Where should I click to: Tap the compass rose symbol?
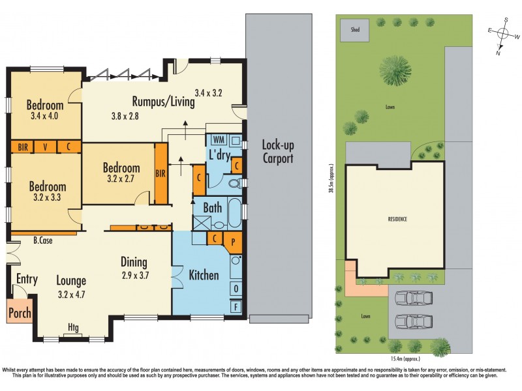point(502,35)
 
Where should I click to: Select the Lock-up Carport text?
point(277,151)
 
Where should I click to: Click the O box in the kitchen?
point(235,288)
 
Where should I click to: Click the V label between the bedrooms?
point(46,147)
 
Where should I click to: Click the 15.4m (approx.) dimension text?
point(406,358)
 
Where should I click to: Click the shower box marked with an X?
point(200,222)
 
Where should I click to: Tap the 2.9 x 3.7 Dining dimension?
point(136,275)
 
